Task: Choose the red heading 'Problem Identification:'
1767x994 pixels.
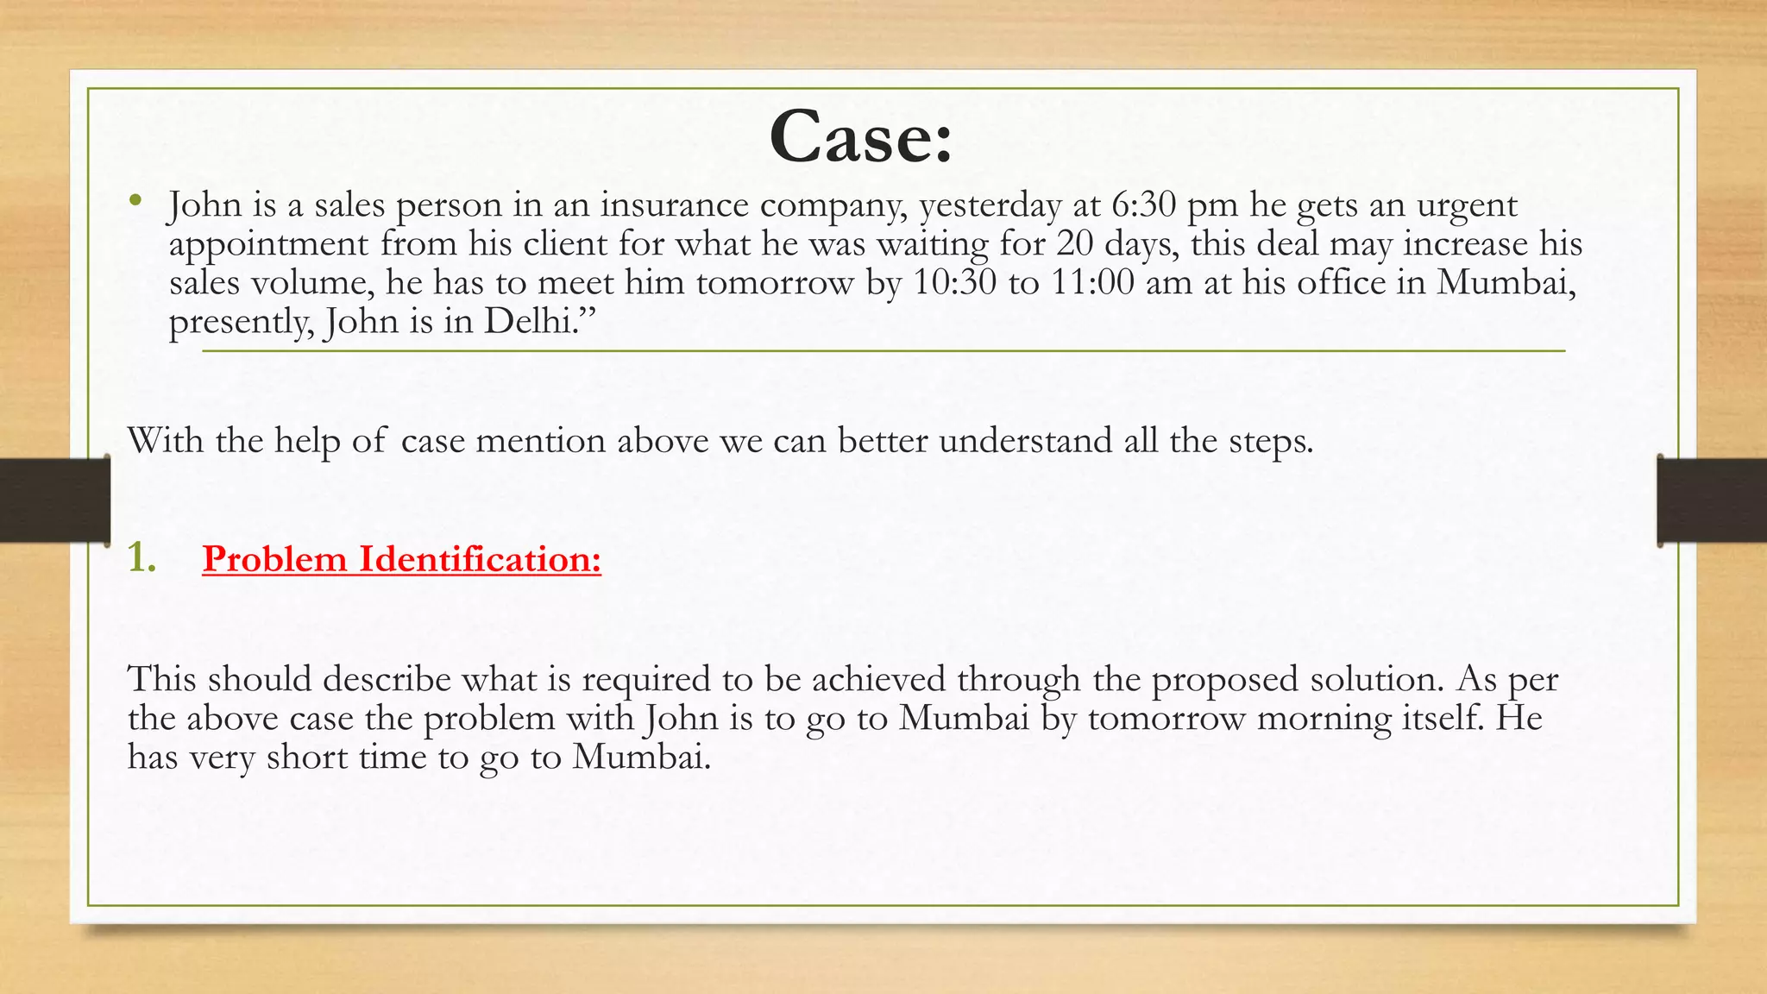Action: [x=401, y=559]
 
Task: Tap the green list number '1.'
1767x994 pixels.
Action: [x=141, y=559]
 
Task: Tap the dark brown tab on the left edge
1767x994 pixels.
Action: [x=54, y=500]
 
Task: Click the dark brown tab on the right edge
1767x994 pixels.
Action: [x=1712, y=500]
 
